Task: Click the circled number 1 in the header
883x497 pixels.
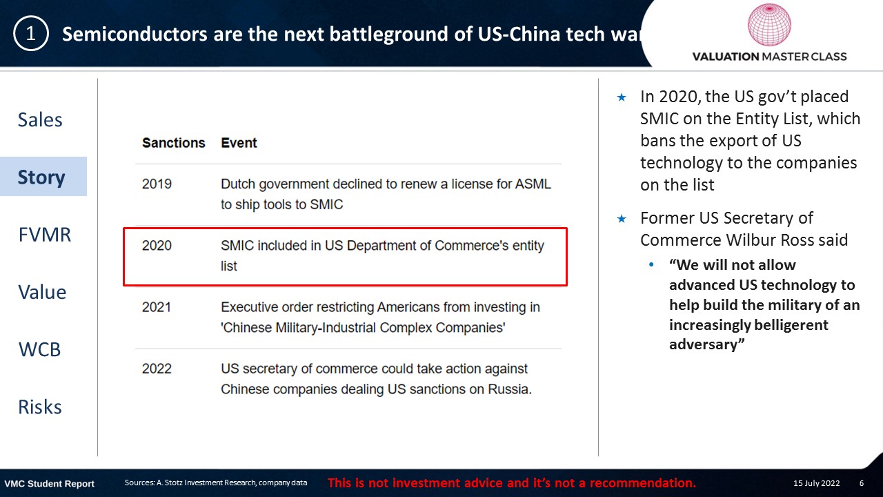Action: click(x=31, y=34)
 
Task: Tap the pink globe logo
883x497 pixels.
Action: click(x=769, y=24)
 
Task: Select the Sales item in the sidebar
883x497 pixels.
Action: click(x=40, y=119)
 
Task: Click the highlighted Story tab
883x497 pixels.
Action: click(x=41, y=177)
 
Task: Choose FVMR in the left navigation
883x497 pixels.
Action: click(x=45, y=235)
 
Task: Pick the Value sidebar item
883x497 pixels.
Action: click(x=42, y=292)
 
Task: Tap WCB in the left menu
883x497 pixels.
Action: click(x=40, y=349)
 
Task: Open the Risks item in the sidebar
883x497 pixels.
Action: click(x=40, y=407)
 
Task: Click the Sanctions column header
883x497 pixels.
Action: click(x=173, y=143)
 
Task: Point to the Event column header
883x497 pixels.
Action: click(x=239, y=143)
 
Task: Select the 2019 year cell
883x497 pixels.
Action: click(x=157, y=184)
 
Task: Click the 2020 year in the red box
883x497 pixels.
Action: click(x=157, y=245)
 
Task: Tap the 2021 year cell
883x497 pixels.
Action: click(x=157, y=307)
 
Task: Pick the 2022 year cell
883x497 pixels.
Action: click(x=157, y=369)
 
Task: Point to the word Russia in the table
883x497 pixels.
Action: click(x=510, y=389)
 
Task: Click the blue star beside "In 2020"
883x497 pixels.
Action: click(x=622, y=97)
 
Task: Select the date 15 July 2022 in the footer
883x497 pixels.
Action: click(x=816, y=483)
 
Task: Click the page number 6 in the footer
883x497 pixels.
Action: click(x=862, y=483)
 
